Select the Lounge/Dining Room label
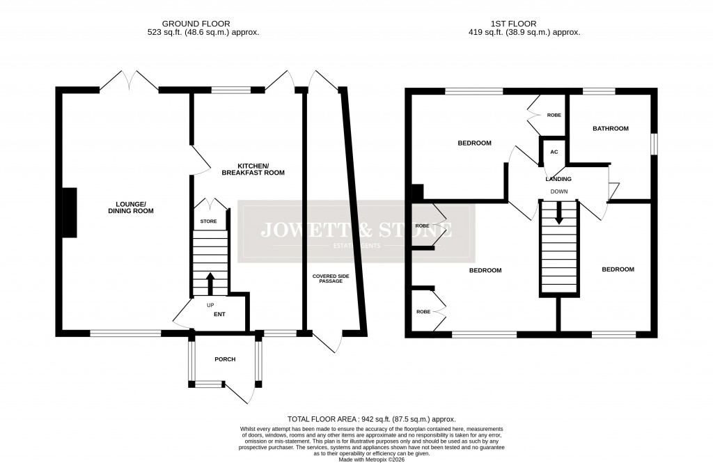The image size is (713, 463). click(130, 207)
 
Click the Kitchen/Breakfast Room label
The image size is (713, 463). click(253, 168)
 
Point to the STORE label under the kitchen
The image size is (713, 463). click(209, 221)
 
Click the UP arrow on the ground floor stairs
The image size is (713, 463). click(210, 284)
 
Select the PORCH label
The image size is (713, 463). click(225, 359)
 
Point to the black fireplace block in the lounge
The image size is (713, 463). click(70, 212)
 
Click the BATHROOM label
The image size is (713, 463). click(610, 128)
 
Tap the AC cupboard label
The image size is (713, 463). click(554, 152)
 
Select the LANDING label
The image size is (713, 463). click(558, 179)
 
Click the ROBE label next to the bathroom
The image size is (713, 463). click(554, 115)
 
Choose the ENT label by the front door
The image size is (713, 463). click(217, 314)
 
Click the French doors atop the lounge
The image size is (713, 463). click(129, 81)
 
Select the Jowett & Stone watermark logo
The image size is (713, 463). click(356, 231)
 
